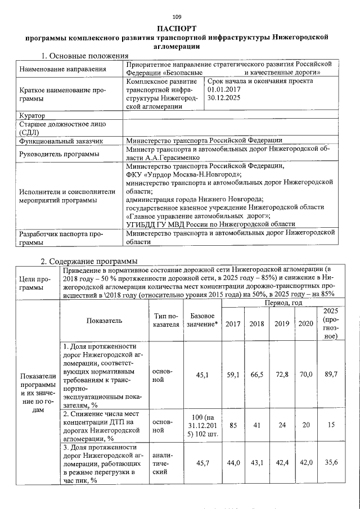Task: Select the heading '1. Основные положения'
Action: pos(85,56)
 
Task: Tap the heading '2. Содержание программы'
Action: pos(88,261)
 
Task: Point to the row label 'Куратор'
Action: pos(32,115)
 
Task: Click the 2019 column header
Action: pos(282,323)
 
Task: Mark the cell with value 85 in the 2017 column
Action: pos(233,426)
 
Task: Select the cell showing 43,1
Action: pos(257,462)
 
